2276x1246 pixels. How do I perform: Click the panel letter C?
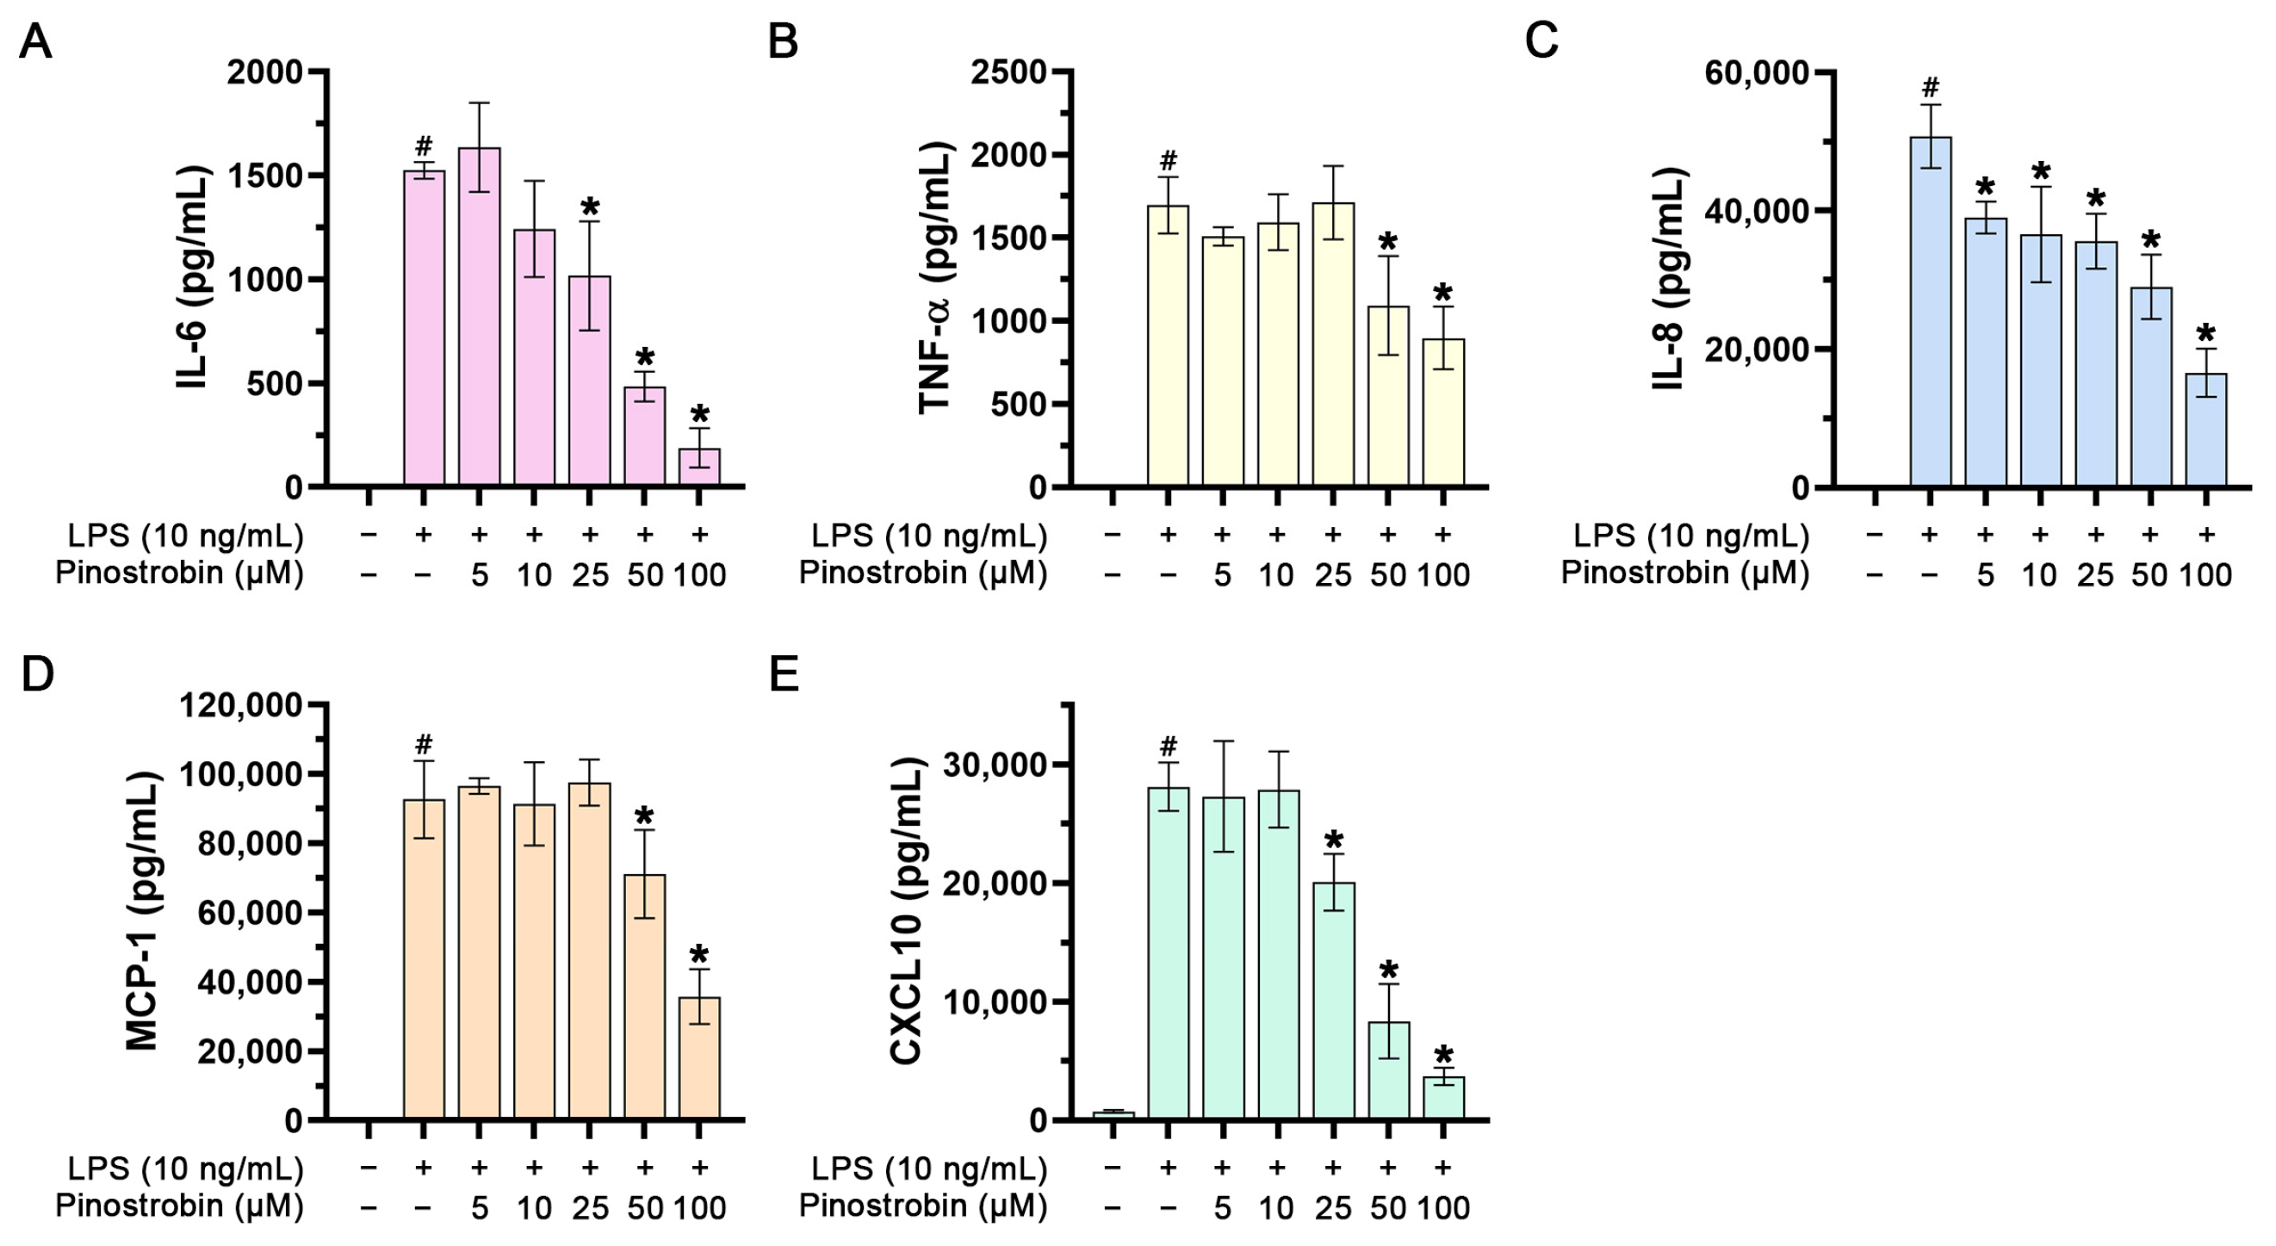(1541, 41)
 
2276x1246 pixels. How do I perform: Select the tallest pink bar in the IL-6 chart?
(479, 318)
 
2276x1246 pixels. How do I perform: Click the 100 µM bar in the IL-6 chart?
(699, 468)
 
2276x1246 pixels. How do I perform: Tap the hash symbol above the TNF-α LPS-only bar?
(1168, 161)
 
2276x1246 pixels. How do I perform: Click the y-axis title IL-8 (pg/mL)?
(1669, 278)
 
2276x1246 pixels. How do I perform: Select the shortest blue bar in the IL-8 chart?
(2205, 431)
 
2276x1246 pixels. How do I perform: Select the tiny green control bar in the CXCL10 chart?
(1113, 1115)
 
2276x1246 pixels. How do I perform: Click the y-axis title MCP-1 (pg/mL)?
(143, 910)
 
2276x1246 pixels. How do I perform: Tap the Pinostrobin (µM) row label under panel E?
(922, 1206)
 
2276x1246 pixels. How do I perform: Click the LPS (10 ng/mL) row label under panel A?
(185, 536)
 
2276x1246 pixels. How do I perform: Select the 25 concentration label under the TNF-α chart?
(1333, 575)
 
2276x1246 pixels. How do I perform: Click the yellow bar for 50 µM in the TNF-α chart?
(1388, 398)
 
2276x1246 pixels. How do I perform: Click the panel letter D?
(37, 674)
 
